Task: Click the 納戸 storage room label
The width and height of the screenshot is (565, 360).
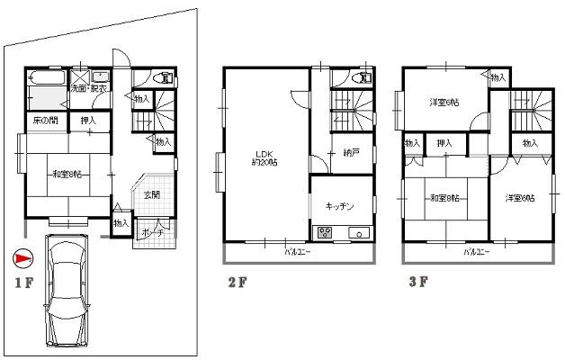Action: click(351, 153)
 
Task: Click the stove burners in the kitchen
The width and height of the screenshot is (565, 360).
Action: click(322, 234)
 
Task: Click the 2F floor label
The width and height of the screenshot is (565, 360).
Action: click(237, 282)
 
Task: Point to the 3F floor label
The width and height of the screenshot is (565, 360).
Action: click(417, 281)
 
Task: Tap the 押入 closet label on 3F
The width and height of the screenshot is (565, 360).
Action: click(444, 142)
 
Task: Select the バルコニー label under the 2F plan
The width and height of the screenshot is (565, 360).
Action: click(297, 252)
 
